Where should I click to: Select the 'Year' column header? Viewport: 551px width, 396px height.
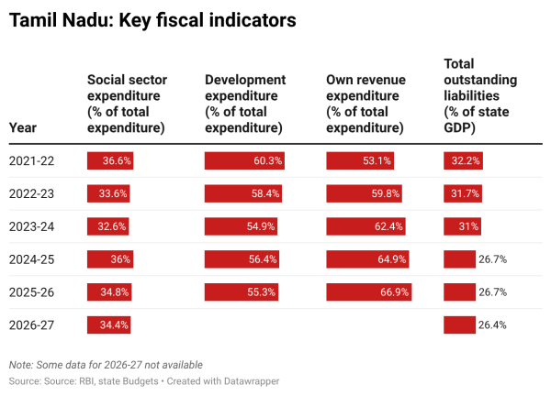23,128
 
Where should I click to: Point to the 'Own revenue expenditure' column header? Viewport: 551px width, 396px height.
370,104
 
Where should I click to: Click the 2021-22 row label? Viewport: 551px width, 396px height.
31,160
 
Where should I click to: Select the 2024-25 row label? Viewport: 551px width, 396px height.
31,259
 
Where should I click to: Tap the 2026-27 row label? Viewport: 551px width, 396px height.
31,325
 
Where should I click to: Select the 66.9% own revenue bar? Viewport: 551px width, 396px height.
369,292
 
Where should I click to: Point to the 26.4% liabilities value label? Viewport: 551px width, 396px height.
493,325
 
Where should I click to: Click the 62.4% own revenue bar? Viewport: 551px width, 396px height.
366,226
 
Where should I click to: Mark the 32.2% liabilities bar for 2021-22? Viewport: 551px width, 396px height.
464,160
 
